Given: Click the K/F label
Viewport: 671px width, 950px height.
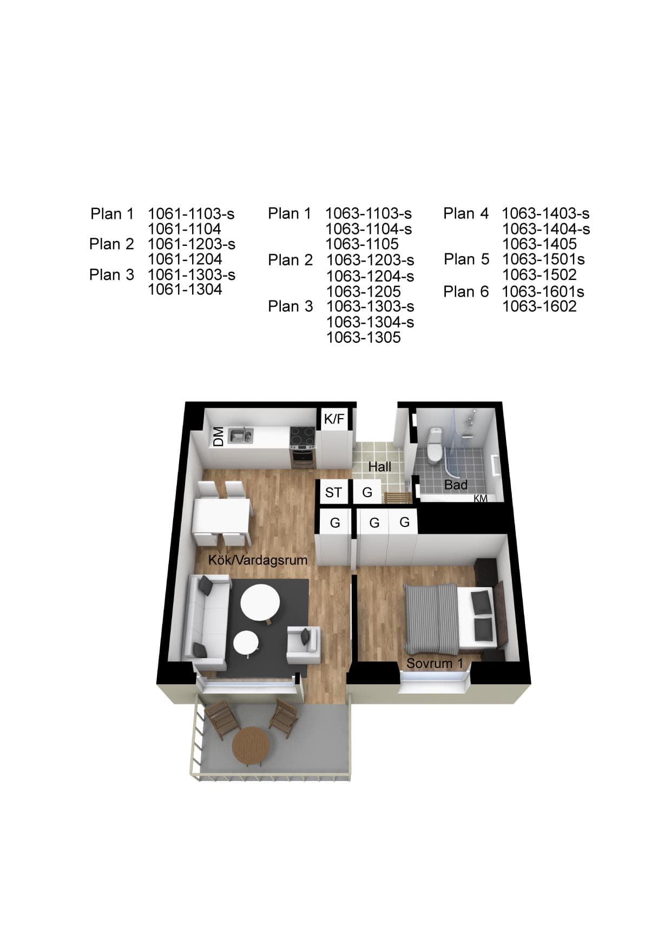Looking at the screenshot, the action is [x=334, y=418].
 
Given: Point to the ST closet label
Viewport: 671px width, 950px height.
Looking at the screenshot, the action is [x=333, y=492].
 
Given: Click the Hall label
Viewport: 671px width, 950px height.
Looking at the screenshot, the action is [x=379, y=466].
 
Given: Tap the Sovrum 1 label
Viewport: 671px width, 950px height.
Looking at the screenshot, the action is [x=435, y=663].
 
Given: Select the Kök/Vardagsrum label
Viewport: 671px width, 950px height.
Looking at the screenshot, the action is [x=258, y=560].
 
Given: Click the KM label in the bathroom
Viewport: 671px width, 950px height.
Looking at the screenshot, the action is [x=481, y=498].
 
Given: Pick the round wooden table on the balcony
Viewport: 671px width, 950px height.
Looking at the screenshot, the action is [x=251, y=746].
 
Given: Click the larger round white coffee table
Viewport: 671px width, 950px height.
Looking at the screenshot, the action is [x=260, y=603].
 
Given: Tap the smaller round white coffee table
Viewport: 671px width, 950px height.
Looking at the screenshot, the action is [x=246, y=643].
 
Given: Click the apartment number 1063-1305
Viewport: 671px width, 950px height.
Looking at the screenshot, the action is [x=363, y=337].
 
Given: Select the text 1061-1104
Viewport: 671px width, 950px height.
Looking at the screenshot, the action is [x=185, y=229].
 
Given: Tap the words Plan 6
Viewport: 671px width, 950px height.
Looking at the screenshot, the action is [x=466, y=291].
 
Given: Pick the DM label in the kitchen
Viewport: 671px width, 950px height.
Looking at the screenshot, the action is [x=218, y=437].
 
